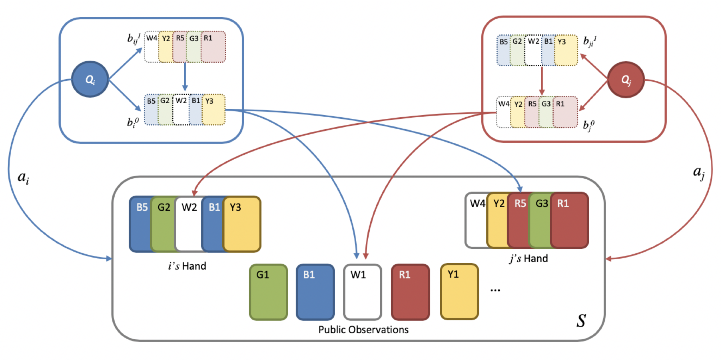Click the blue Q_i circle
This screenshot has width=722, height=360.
90,79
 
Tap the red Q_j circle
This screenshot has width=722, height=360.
626,80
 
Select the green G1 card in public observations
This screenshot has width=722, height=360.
268,292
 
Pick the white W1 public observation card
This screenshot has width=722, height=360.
362,292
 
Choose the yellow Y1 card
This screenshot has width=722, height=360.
459,292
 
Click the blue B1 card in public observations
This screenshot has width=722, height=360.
315,292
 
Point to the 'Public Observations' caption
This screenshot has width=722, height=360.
363,330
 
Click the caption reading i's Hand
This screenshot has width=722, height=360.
187,266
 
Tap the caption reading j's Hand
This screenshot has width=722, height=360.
529,258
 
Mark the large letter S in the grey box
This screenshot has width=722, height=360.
581,321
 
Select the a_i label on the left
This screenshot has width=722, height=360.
23,177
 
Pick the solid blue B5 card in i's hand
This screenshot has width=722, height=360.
140,224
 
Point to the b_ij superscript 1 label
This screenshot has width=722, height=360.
134,38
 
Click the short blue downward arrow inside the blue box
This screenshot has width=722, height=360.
185,77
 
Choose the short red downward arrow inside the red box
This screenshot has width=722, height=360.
542,81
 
